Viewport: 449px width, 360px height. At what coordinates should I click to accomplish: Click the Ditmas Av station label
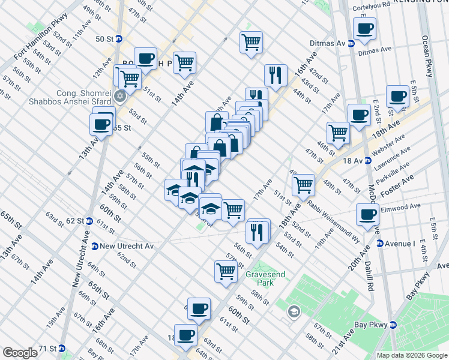(x=325, y=44)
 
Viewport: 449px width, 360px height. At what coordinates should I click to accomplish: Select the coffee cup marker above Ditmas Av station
(x=364, y=28)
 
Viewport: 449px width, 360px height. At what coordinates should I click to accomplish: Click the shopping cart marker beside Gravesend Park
(x=226, y=271)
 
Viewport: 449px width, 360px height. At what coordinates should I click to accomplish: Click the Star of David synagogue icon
(x=120, y=96)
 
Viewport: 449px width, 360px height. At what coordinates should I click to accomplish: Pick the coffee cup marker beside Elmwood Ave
(x=367, y=214)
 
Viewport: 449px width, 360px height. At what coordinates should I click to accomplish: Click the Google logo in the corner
(x=20, y=353)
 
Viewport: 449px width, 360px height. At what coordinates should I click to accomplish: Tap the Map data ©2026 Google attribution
(x=412, y=355)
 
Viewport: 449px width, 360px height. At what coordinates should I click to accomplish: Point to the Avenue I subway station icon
(x=379, y=244)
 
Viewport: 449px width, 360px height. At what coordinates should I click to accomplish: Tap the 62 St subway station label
(x=74, y=221)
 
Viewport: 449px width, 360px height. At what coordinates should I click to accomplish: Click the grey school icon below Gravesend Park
(x=294, y=311)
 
